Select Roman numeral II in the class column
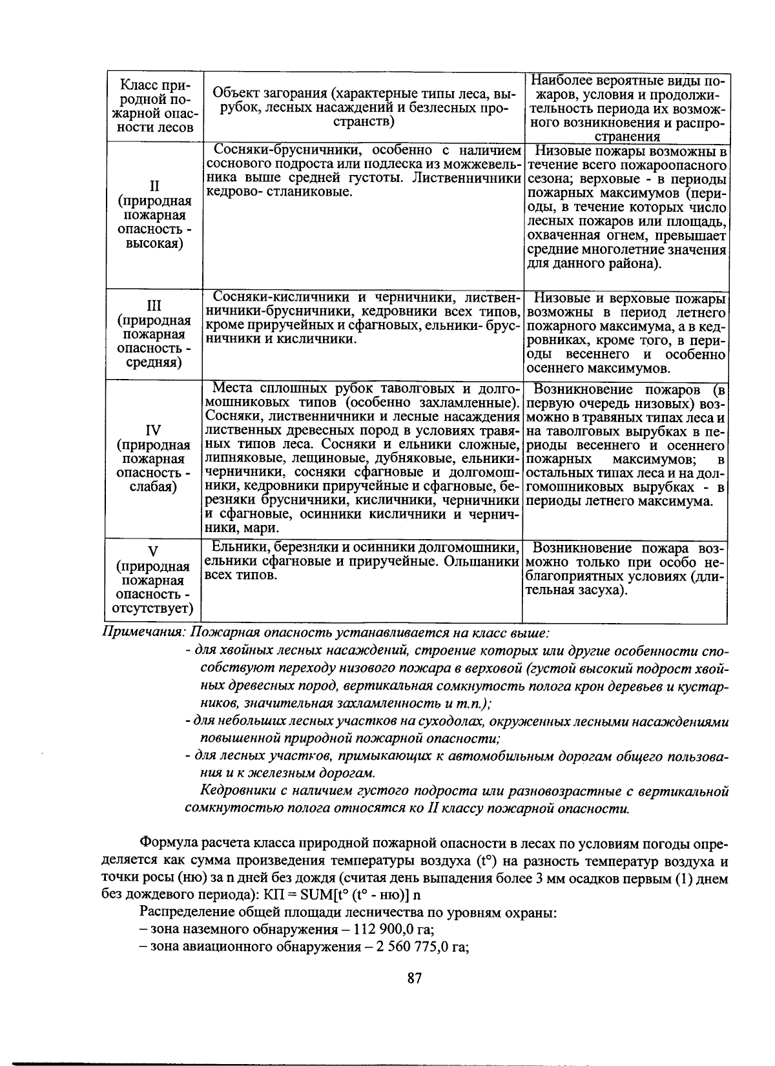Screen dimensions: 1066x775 (x=154, y=187)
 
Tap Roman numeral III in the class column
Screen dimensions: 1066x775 (x=154, y=305)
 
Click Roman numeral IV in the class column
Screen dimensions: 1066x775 (x=154, y=430)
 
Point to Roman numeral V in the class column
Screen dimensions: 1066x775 (x=154, y=551)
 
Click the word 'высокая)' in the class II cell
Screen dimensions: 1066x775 (x=154, y=243)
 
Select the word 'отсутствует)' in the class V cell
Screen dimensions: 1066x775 (x=154, y=608)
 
